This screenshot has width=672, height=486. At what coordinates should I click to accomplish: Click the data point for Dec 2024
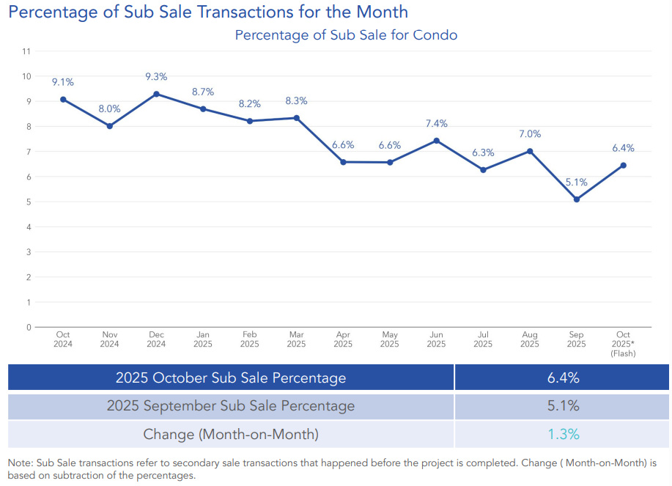156,94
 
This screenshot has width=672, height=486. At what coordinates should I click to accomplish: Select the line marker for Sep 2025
577,199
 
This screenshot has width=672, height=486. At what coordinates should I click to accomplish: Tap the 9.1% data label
63,82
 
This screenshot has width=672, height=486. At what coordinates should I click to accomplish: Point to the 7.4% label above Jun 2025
436,124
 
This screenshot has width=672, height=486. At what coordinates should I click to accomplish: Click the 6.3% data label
483,152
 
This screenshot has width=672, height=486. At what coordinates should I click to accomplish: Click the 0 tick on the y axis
28,327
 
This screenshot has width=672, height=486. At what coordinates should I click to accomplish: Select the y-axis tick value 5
28,202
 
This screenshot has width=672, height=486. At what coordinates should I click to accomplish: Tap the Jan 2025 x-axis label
203,339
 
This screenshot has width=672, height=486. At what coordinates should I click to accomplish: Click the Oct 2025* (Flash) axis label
623,344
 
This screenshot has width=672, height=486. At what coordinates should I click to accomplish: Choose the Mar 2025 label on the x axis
296,339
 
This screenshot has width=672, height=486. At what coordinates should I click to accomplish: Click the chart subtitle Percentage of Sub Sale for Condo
346,35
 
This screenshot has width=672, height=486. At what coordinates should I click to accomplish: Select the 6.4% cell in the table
564,378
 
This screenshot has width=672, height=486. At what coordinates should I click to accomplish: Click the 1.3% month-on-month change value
564,434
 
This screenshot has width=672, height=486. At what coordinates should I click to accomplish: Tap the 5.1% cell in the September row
564,406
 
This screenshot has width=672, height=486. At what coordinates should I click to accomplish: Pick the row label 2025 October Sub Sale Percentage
231,378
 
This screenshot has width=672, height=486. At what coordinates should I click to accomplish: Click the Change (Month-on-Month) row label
231,434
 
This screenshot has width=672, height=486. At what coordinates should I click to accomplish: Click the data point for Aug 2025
530,151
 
